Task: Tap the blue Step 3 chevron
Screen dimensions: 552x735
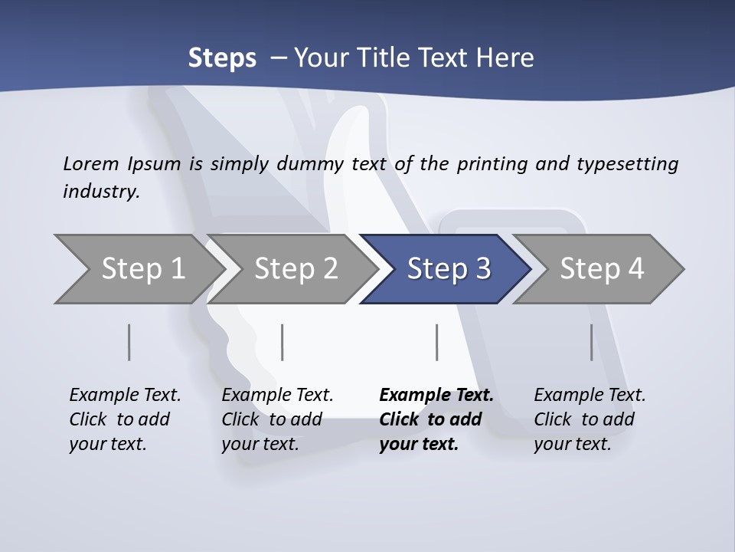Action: pos(449,268)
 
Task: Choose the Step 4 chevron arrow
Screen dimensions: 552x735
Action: pos(602,268)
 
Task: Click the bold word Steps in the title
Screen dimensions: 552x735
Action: pos(222,58)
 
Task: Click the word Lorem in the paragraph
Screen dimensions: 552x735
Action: pos(91,163)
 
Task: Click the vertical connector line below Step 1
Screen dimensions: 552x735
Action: pos(129,342)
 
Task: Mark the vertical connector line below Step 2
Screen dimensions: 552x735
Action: pos(283,342)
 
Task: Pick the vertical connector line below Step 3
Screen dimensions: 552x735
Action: pos(437,342)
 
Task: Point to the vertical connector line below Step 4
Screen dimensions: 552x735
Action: pos(592,342)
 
